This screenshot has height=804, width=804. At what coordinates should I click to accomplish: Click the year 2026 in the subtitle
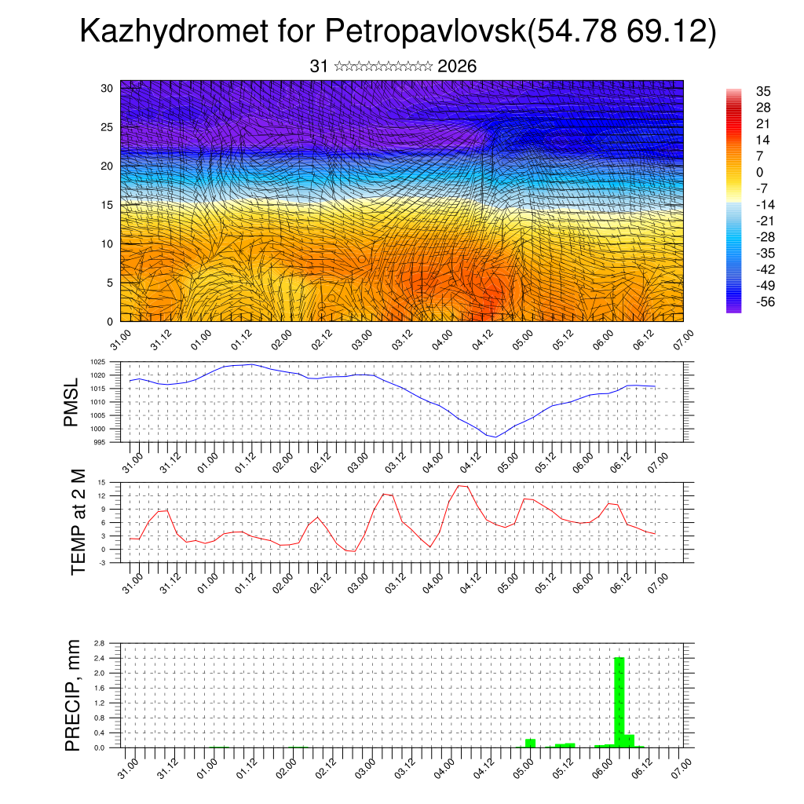pos(457,66)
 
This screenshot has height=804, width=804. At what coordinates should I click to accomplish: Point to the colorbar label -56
pos(763,301)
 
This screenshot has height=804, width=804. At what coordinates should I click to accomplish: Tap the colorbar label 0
pos(760,172)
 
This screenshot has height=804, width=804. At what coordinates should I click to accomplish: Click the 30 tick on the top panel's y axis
pos(108,88)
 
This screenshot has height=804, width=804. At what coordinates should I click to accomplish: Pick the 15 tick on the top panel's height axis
pos(108,205)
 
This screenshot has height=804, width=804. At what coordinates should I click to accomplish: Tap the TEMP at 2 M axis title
pos(78,521)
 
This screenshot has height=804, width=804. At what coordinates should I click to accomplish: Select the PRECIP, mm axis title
pos(73,695)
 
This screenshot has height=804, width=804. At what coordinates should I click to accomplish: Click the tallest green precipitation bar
pos(619,703)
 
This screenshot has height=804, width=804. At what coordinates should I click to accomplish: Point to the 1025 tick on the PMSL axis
pos(97,362)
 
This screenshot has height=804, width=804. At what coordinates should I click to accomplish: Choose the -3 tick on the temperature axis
pos(102,562)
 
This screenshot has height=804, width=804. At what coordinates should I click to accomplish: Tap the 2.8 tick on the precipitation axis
pos(99,643)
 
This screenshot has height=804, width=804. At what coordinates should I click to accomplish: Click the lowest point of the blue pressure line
pos(495,437)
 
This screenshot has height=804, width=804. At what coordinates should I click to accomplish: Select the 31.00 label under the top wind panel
pos(120,339)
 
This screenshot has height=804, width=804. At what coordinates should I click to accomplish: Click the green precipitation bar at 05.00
pos(530,743)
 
